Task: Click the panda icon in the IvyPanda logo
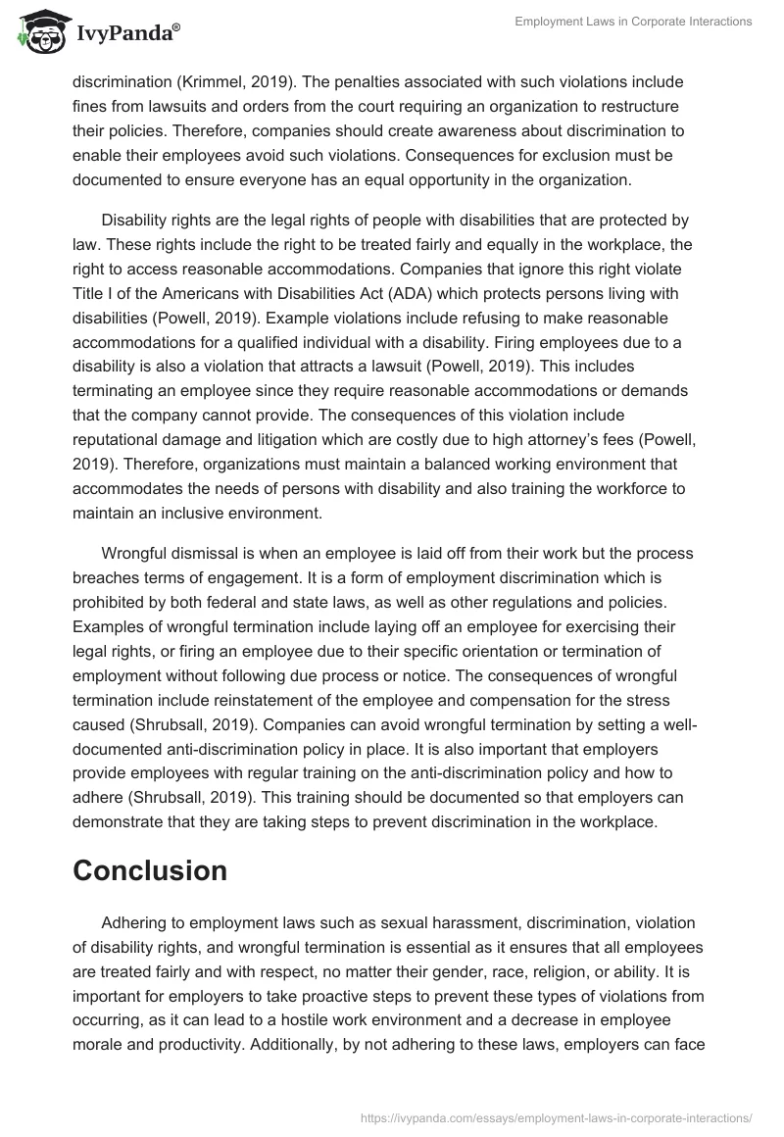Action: pos(37,32)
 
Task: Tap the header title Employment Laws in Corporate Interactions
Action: pos(634,21)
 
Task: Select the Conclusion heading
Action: pos(150,869)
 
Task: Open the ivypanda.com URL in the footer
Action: pos(556,1116)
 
